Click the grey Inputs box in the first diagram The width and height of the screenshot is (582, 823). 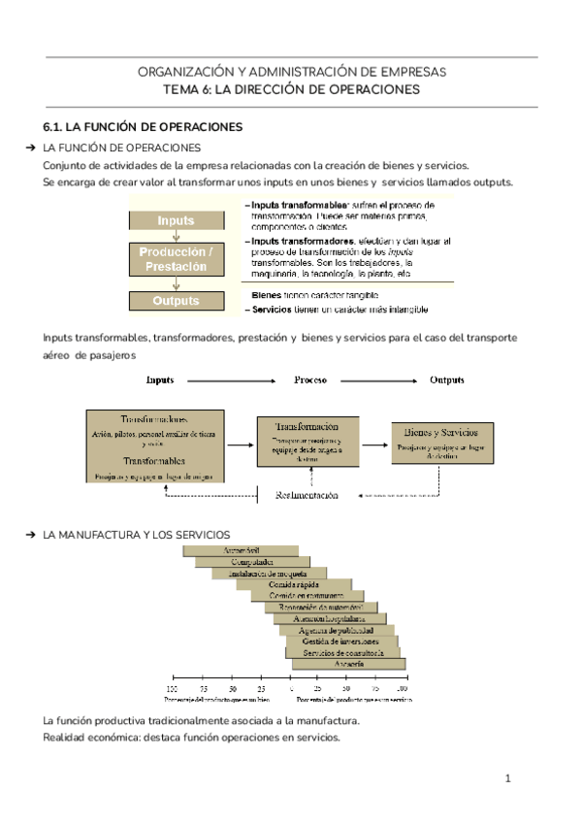pos(176,220)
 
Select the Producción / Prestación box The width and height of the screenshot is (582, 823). pos(176,259)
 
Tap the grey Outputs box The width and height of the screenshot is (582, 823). pos(176,301)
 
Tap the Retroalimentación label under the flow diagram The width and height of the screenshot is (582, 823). pos(307,495)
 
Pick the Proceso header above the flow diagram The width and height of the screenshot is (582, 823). pos(309,379)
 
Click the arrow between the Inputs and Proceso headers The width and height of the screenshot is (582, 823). pos(236,379)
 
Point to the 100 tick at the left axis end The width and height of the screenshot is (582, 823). pos(173,687)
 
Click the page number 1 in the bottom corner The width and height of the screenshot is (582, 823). pos(507,778)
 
